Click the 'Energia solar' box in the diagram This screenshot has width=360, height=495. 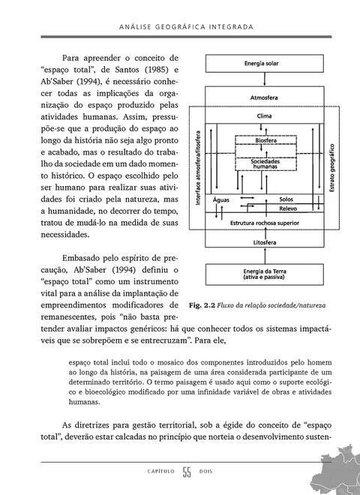264,65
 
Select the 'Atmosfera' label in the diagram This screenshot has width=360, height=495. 264,98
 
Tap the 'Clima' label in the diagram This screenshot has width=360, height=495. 264,117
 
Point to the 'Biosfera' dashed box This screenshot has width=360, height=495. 264,140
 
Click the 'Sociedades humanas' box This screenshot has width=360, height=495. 264,163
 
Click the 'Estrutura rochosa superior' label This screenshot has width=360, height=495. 263,223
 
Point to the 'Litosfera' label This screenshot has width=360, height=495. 264,243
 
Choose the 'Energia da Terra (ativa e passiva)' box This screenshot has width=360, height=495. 264,275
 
